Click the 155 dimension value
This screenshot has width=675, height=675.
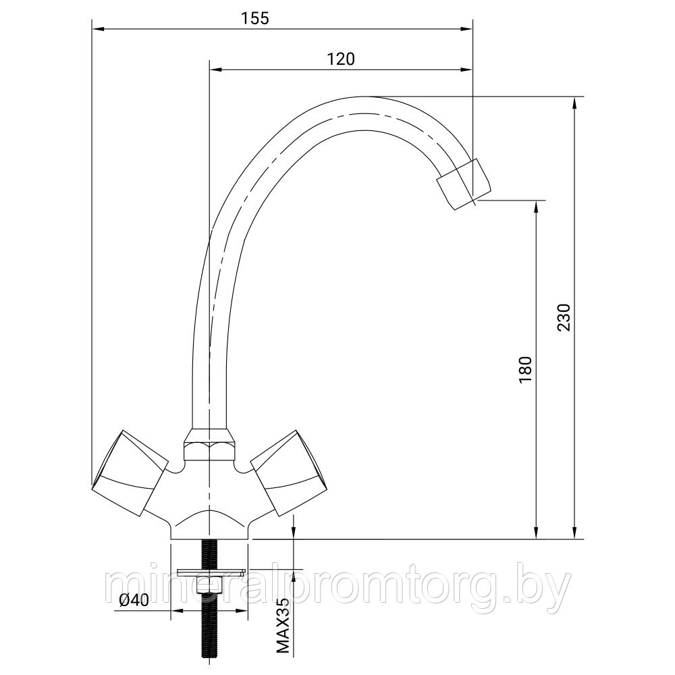[x=254, y=18]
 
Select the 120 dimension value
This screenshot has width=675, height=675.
[x=341, y=59]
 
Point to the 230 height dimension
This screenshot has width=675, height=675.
[x=564, y=317]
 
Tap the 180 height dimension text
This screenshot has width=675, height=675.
[x=526, y=370]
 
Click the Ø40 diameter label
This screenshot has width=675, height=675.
[x=133, y=600]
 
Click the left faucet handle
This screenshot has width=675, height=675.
[x=130, y=473]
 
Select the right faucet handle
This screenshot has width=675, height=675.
[x=288, y=473]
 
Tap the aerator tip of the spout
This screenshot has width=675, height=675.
[x=464, y=184]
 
